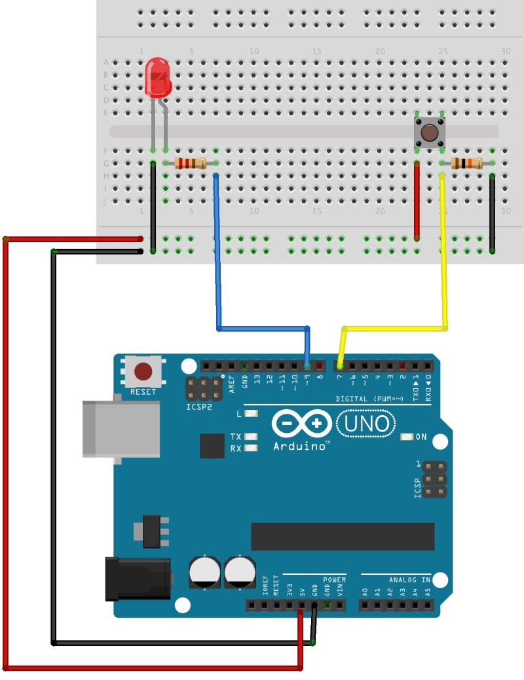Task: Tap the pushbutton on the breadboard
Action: [x=429, y=132]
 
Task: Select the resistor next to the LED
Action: [x=191, y=163]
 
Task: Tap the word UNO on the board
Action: [x=366, y=424]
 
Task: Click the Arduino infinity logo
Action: [x=301, y=424]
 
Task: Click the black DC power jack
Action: [x=138, y=578]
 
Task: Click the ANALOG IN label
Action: [x=409, y=580]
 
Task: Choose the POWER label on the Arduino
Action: [x=334, y=580]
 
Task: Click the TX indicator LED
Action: [x=250, y=437]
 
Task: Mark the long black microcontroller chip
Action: [x=343, y=536]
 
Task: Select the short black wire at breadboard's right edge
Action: [x=492, y=213]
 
